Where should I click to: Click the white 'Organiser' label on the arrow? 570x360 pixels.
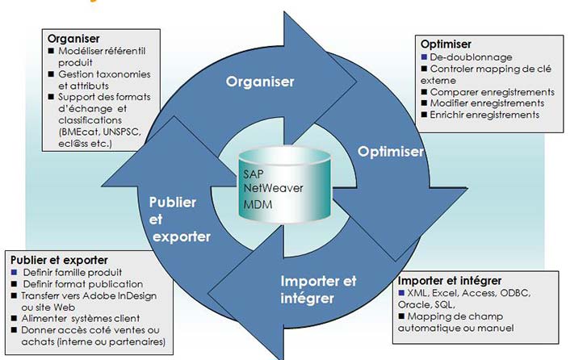click(x=260, y=82)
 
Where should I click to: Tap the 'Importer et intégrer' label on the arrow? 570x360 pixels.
click(x=318, y=288)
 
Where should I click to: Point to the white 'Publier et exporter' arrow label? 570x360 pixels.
click(x=180, y=219)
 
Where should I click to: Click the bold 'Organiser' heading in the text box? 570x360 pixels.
click(x=73, y=37)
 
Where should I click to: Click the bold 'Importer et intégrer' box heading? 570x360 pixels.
click(x=450, y=280)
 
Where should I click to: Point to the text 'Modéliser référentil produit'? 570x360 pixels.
click(x=98, y=57)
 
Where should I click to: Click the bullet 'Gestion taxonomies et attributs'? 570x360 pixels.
click(x=98, y=80)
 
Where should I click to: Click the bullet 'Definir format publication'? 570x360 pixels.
click(x=82, y=284)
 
